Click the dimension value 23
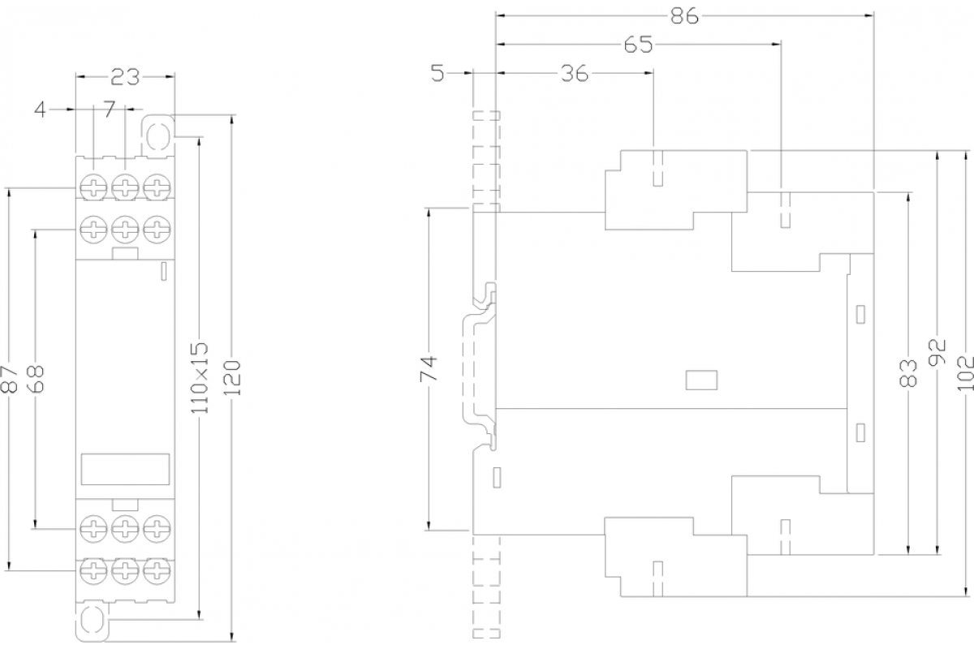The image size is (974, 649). (125, 77)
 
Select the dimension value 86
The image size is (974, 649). (684, 16)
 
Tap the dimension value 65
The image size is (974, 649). (639, 45)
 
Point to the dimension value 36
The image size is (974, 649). (575, 74)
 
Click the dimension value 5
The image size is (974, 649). (437, 74)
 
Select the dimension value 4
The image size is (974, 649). (40, 108)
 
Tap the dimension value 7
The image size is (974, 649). (109, 108)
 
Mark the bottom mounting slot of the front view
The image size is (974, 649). (92, 620)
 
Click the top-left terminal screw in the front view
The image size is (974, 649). (94, 187)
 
